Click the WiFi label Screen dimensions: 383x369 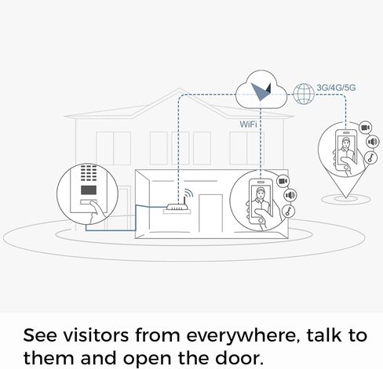pyautogui.click(x=248, y=124)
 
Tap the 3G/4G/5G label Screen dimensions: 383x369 pyautogui.click(x=336, y=88)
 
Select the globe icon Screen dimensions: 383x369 pyautogui.click(x=304, y=94)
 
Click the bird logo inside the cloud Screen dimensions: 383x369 pyautogui.click(x=261, y=92)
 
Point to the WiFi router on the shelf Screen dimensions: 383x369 pyautogui.click(x=177, y=207)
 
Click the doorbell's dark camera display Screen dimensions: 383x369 pyautogui.click(x=89, y=190)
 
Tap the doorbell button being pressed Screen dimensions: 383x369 pyautogui.click(x=89, y=202)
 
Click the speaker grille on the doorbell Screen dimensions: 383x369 pyautogui.click(x=89, y=172)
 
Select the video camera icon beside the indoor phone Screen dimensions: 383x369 pyautogui.click(x=283, y=181)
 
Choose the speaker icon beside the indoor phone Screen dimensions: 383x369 pyautogui.click(x=290, y=195)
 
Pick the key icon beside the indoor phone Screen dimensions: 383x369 pyautogui.click(x=289, y=211)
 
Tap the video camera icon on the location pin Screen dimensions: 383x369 pyautogui.click(x=365, y=128)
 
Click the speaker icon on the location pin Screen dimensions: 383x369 pyautogui.click(x=373, y=142)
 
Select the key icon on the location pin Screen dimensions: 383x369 pyautogui.click(x=370, y=157)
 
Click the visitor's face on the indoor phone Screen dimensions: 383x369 pyautogui.click(x=260, y=194)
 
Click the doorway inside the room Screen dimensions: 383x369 pyautogui.click(x=210, y=213)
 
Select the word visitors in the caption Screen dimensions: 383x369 pyautogui.click(x=96, y=335)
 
